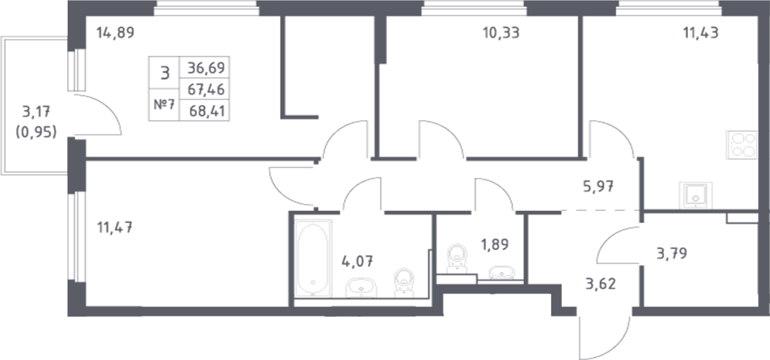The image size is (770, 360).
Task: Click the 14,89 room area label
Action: click(115, 32)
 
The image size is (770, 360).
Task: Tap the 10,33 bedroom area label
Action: click(502, 32)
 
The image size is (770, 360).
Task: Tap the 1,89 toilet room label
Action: click(493, 243)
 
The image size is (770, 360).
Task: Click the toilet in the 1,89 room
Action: click(456, 258)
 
